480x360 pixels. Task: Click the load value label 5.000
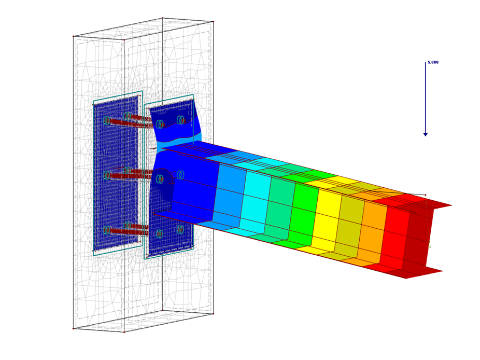[433, 63]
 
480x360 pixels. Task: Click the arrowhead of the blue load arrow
[426, 134]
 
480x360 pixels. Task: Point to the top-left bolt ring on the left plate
[106, 120]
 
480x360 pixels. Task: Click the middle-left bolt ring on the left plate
[107, 175]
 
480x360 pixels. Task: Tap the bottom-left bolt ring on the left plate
[107, 230]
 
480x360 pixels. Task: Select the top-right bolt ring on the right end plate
[180, 120]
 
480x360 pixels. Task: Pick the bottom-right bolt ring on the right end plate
[180, 229]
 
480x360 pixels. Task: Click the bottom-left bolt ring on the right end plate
[160, 234]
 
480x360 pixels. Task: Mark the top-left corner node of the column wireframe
[74, 36]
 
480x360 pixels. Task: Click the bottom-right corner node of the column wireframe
[213, 313]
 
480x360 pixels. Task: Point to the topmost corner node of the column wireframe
[162, 18]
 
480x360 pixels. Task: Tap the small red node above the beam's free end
[426, 195]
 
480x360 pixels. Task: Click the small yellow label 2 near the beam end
[430, 246]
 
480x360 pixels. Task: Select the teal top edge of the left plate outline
[118, 97]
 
